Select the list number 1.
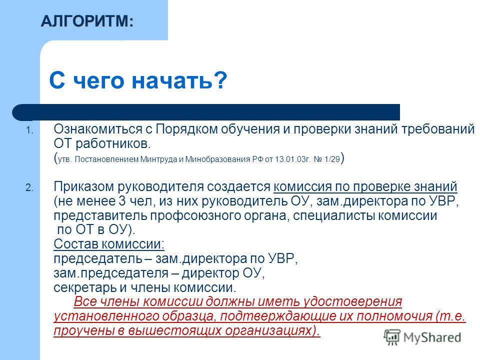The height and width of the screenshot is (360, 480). (x=29, y=130)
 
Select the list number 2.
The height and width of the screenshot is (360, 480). (x=29, y=187)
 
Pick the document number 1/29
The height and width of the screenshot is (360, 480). (x=332, y=159)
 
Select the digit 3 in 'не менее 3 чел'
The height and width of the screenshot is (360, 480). (x=122, y=201)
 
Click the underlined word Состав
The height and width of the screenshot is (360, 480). (x=75, y=244)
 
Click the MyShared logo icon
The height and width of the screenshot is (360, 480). (x=391, y=337)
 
